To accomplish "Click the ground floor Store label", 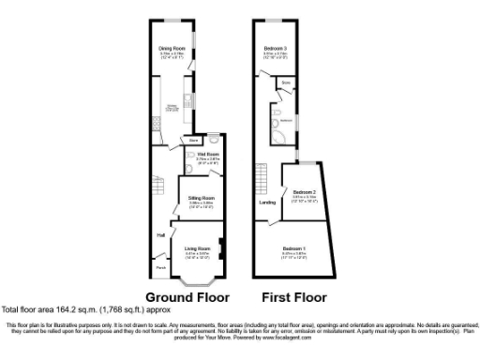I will pos(192,141).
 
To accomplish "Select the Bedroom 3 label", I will pos(275,48).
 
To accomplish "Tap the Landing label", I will pos(267,202).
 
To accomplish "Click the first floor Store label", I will pos(285,91).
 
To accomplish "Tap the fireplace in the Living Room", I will pos(219,249).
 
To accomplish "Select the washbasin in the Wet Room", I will pos(191,157).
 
